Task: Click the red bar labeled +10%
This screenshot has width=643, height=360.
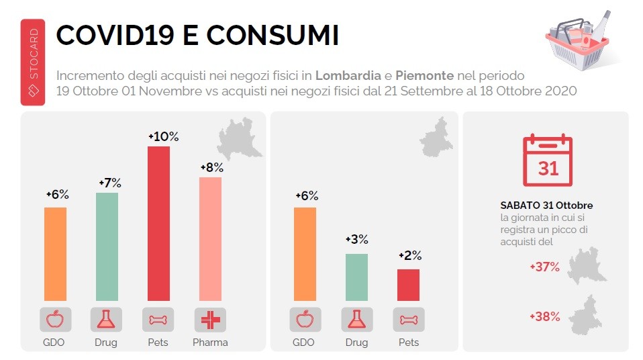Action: pyautogui.click(x=158, y=223)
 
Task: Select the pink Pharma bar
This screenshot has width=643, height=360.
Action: pyautogui.click(x=210, y=238)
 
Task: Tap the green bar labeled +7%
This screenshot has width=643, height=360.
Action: pyautogui.click(x=107, y=246)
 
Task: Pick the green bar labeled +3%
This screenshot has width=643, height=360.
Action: pyautogui.click(x=356, y=277)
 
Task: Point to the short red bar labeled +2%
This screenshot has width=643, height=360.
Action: pyautogui.click(x=408, y=285)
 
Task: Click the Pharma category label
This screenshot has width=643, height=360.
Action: pyautogui.click(x=210, y=343)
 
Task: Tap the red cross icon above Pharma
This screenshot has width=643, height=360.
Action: pyautogui.click(x=210, y=320)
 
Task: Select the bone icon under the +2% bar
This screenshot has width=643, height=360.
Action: pyautogui.click(x=408, y=320)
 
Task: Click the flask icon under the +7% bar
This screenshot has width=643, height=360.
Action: pyautogui.click(x=107, y=320)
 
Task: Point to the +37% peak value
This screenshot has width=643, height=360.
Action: pyautogui.click(x=544, y=267)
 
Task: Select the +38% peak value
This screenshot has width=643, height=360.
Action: pyautogui.click(x=544, y=316)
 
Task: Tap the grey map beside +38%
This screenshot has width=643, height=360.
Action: pyautogui.click(x=585, y=314)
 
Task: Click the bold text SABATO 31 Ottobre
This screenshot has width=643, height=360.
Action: pyautogui.click(x=546, y=205)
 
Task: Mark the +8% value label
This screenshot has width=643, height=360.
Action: pyautogui.click(x=210, y=168)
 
